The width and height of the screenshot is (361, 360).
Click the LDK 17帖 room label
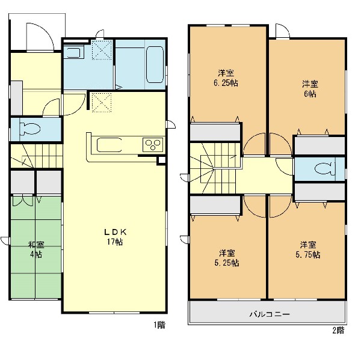115,237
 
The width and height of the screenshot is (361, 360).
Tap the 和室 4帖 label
36,249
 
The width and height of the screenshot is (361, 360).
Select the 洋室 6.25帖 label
226,78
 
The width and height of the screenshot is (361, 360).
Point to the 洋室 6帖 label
310,89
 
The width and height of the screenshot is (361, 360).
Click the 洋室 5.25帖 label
227,258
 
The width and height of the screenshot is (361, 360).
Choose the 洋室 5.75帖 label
308,249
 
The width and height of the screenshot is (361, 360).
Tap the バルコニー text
270,314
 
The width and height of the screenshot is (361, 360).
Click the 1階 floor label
159,325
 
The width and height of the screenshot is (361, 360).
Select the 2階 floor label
338,331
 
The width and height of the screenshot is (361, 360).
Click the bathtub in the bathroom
155,65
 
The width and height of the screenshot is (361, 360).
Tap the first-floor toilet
29,129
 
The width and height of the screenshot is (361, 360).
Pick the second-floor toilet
325,169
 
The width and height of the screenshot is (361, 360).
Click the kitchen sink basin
109,145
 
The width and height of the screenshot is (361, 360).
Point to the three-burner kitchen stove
153,144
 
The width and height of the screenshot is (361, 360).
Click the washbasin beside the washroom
74,52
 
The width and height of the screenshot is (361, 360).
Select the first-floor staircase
37,156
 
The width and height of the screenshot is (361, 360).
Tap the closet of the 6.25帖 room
215,132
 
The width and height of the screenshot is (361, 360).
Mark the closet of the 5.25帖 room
215,204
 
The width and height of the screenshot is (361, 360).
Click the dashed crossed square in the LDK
102,102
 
